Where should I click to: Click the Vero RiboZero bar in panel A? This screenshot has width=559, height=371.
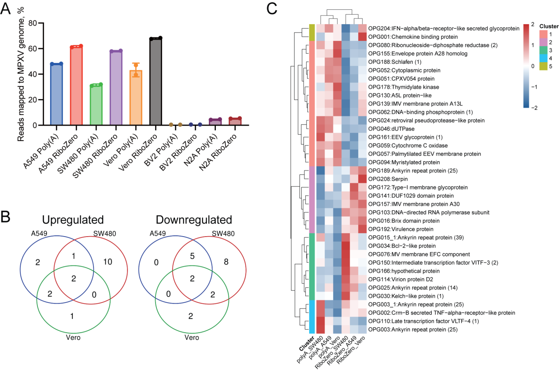tap(155, 82)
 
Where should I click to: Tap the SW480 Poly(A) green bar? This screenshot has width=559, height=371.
tap(96, 105)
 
